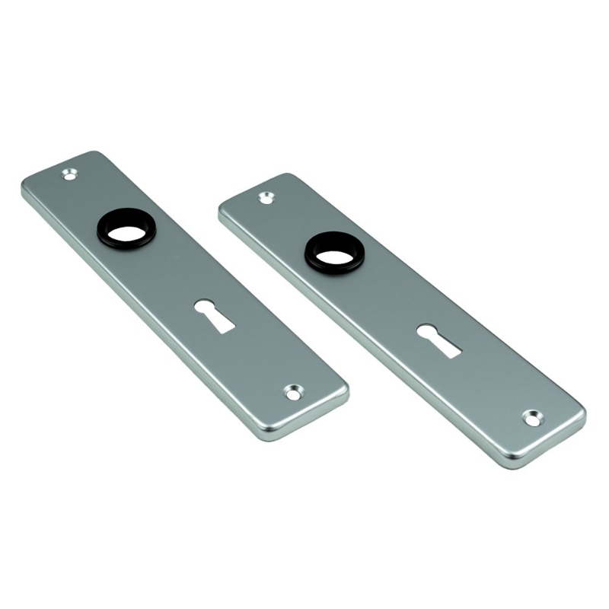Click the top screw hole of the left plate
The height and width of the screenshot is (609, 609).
pos(70,174)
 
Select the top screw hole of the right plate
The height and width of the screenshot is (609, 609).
pos(266,198)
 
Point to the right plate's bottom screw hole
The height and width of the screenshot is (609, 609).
pos(532,417)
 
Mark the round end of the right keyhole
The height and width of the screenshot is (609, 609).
pos(427,332)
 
